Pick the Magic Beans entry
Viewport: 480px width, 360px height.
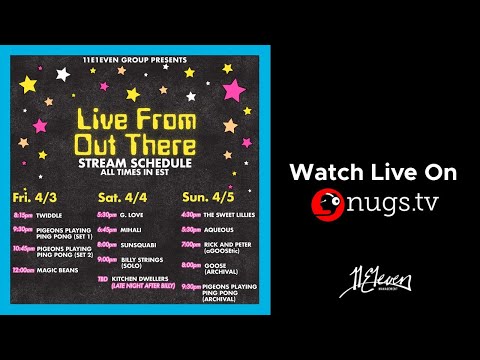58,269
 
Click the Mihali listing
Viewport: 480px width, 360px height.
132,228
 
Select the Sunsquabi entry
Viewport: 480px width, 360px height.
139,243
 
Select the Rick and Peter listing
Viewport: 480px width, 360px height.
226,243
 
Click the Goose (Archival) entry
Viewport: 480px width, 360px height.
219,266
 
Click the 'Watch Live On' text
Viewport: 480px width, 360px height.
373,173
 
